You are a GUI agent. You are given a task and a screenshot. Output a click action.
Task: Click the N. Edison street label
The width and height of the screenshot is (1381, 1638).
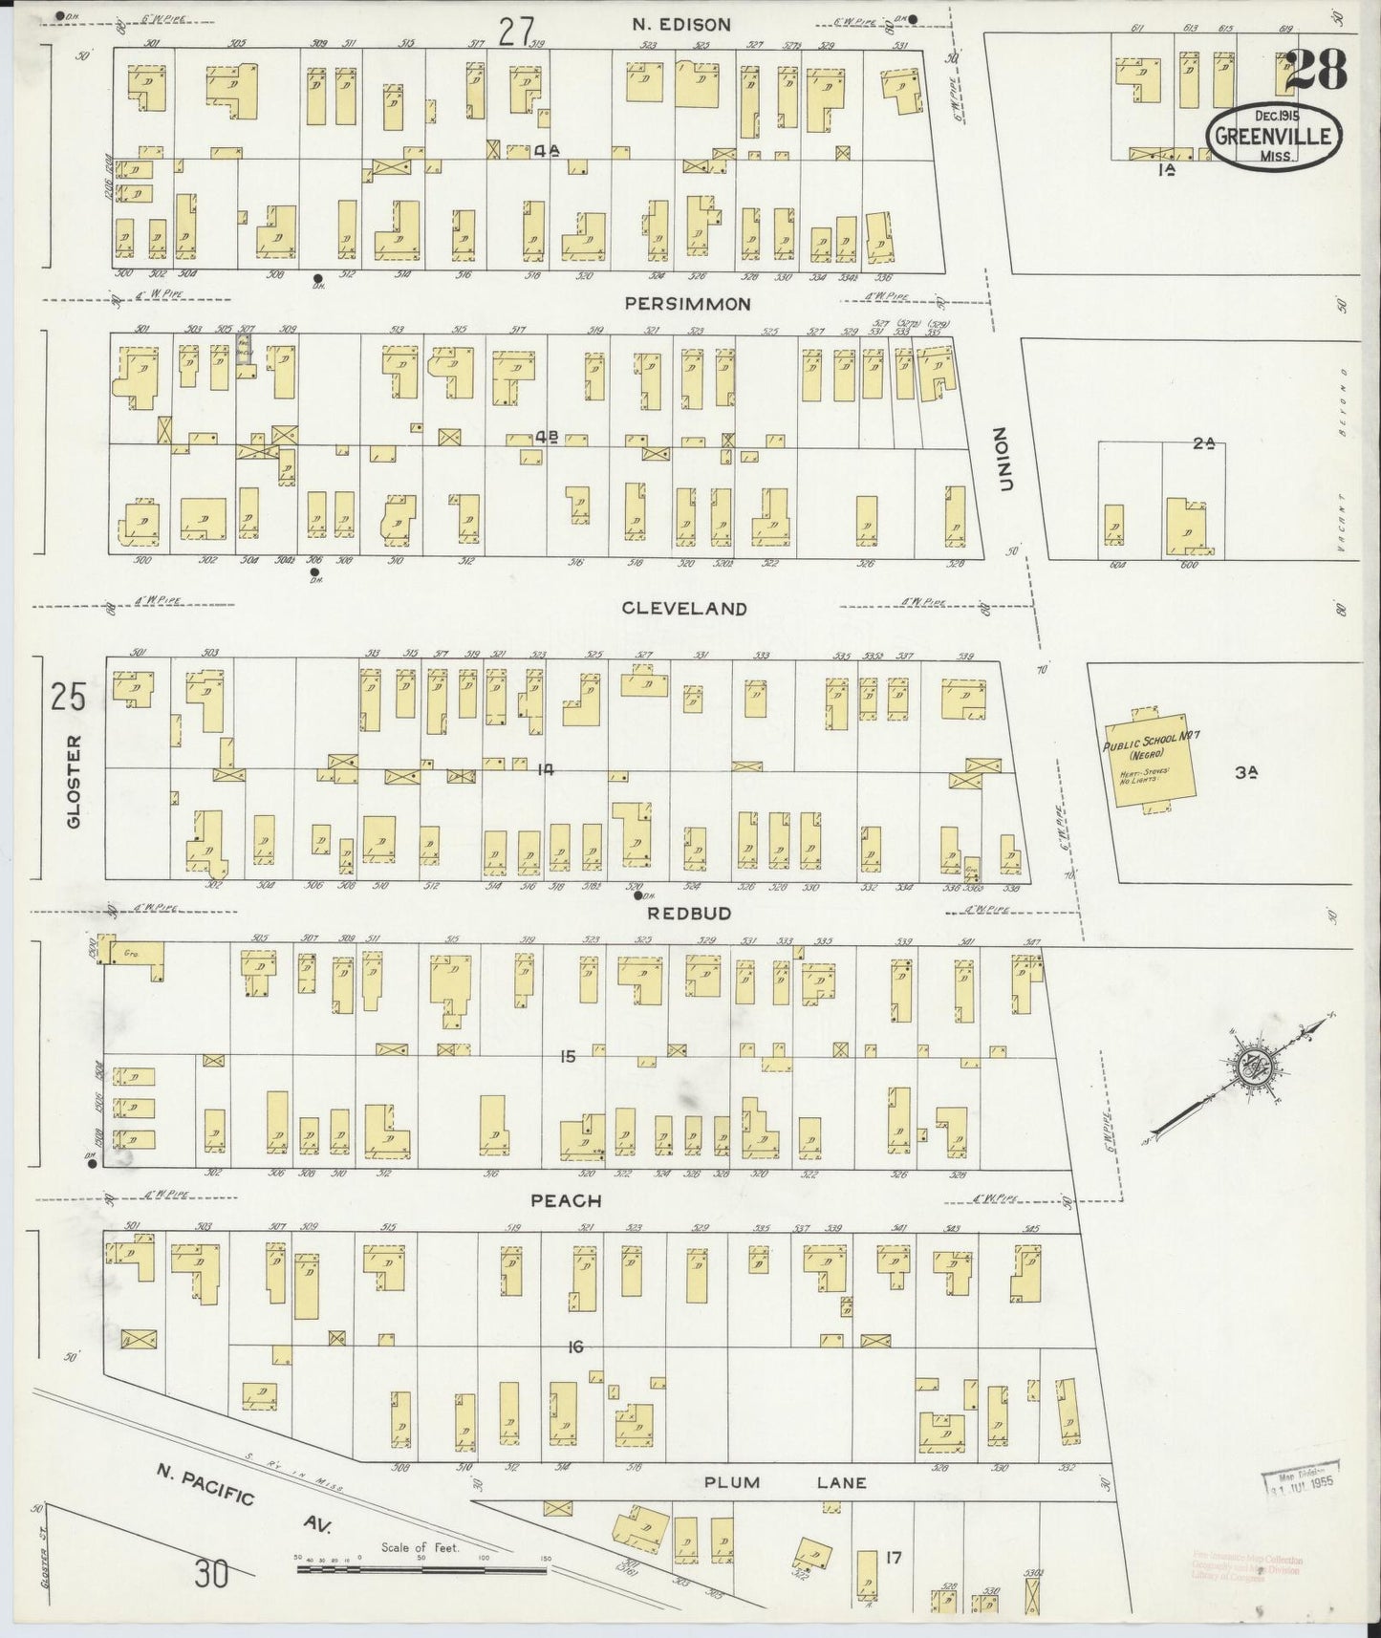682,25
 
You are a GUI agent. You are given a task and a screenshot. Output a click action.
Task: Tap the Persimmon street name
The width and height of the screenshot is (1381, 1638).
687,304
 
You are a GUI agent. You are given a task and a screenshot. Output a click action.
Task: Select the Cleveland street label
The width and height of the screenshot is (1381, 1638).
683,608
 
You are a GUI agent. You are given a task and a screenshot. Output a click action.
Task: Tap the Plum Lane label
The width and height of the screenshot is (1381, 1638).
786,1483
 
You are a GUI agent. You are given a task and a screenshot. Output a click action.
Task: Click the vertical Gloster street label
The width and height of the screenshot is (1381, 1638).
75,782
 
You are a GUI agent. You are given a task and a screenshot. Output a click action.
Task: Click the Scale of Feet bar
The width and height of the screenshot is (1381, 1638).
421,1568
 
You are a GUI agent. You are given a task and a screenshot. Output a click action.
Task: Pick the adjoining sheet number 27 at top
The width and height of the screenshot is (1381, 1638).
515,31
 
